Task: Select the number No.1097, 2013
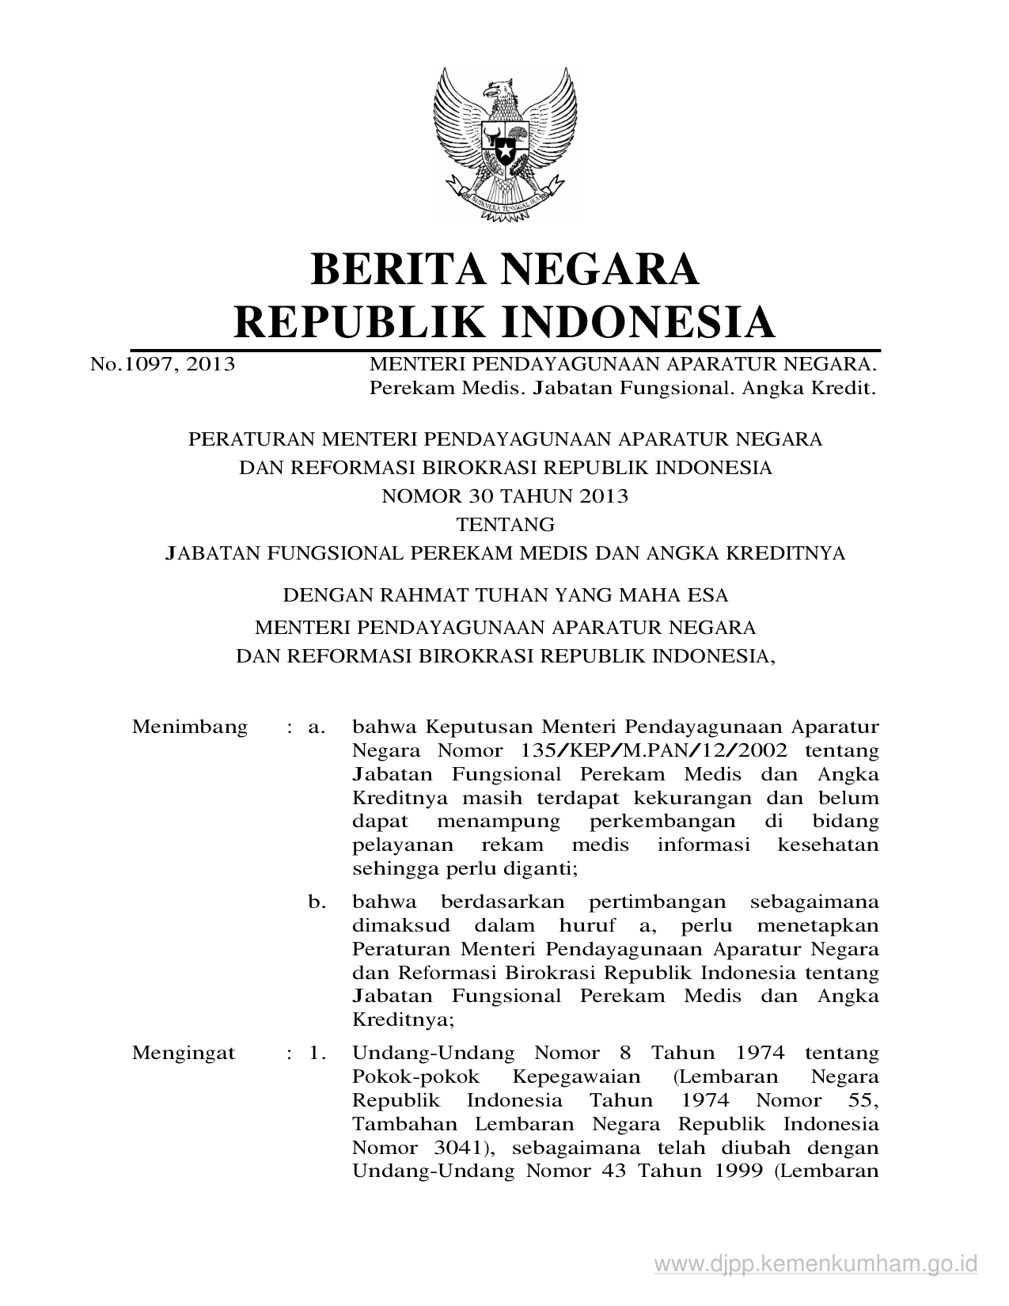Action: (162, 365)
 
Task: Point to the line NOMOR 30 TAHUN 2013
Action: (505, 495)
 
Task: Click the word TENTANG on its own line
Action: (505, 524)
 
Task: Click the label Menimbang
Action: (190, 727)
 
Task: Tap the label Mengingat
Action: (184, 1053)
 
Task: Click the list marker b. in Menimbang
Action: (317, 902)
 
